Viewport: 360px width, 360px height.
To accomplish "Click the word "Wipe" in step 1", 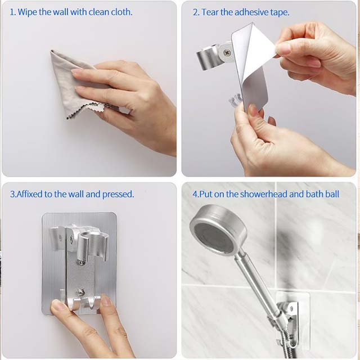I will [27, 12].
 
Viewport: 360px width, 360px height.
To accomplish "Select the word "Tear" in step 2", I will [211, 12].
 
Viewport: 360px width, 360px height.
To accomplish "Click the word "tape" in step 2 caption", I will [280, 12].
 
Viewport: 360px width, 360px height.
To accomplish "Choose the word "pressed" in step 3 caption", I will [118, 194].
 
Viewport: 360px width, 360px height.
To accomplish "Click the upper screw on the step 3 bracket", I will [82, 262].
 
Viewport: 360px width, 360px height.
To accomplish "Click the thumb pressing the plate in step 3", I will [58, 307].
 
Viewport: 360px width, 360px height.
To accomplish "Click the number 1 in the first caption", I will [12, 12].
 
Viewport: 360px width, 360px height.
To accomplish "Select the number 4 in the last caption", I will [194, 194].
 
